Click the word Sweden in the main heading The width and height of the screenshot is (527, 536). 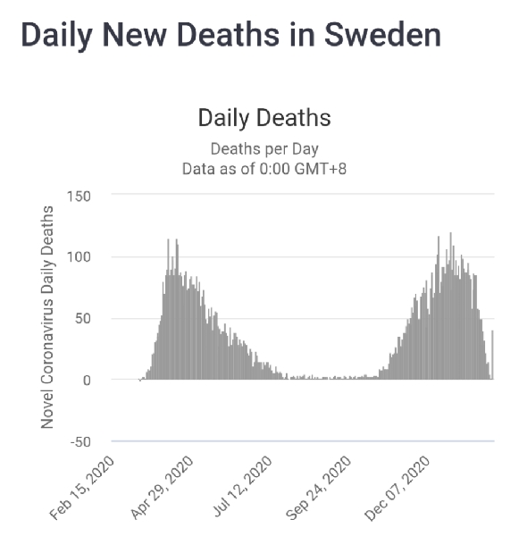click(x=383, y=35)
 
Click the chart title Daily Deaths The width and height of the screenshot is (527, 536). click(x=264, y=118)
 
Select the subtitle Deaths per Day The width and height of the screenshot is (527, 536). click(x=264, y=149)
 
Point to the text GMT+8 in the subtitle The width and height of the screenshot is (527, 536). click(x=321, y=169)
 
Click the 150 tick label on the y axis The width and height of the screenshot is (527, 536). click(x=79, y=197)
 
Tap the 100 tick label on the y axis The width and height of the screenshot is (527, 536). click(x=79, y=257)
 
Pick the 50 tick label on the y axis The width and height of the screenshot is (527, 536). click(x=83, y=319)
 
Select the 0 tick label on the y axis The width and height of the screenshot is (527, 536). click(x=87, y=381)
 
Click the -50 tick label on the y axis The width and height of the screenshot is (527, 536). click(x=80, y=442)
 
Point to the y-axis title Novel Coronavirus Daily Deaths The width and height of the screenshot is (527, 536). click(x=47, y=317)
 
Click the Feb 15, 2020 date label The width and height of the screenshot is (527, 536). click(x=81, y=489)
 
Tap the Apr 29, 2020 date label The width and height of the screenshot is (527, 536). click(x=162, y=488)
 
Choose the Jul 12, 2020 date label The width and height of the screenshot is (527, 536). click(x=242, y=487)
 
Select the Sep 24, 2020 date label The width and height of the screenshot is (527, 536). click(x=318, y=489)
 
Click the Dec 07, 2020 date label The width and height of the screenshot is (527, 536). click(x=397, y=489)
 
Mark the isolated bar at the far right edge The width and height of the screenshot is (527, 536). click(x=492, y=355)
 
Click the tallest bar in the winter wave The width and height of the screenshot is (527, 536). click(x=450, y=306)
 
